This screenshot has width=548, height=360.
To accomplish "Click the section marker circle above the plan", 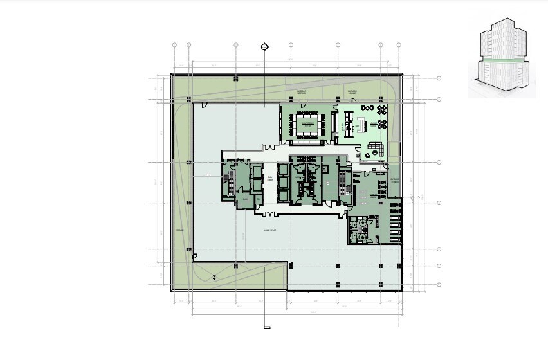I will click(x=264, y=46).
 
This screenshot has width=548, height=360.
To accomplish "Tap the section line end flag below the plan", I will click(x=266, y=327).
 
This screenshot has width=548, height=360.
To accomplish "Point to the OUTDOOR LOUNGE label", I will click(x=352, y=93).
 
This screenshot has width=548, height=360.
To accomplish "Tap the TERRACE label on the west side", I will click(x=179, y=230).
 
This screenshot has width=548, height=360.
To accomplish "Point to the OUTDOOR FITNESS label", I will click(x=395, y=180).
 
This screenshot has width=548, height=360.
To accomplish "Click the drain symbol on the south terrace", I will click(x=214, y=276).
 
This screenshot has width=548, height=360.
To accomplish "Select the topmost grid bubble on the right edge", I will click(x=439, y=78).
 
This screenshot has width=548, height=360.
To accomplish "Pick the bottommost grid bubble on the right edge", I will click(x=439, y=284).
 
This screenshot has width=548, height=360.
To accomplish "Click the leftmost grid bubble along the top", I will click(x=175, y=45).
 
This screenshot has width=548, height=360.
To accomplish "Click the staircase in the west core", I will click(x=229, y=184).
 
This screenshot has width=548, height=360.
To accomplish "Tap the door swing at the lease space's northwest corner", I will click(x=205, y=105).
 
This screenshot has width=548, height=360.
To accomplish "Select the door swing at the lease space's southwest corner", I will click(x=196, y=257).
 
